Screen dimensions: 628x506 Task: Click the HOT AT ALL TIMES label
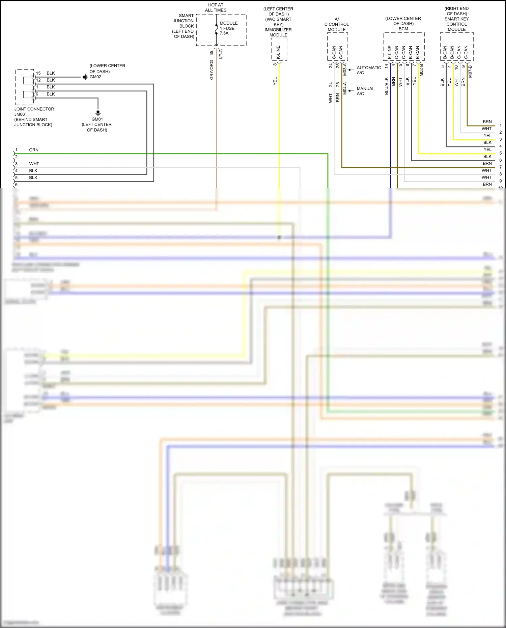216,7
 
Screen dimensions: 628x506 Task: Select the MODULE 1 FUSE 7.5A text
228,28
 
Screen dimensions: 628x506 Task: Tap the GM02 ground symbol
85,77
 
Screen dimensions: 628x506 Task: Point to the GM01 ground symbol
98,112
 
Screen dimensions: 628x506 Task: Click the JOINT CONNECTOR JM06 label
34,111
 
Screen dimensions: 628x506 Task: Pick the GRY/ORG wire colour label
212,70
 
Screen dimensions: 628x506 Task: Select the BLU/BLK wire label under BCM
387,86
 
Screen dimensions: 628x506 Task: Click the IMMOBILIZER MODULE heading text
278,32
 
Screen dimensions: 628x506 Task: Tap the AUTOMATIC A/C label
368,70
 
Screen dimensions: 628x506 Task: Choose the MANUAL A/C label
365,91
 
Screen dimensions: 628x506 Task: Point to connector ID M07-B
470,71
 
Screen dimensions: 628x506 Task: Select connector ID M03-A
345,69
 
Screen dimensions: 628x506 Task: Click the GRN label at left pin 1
34,150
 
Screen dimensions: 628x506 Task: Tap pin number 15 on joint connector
38,73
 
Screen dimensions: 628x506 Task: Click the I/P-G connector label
221,54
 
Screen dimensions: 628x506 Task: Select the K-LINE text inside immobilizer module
278,52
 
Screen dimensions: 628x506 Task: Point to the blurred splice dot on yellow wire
279,238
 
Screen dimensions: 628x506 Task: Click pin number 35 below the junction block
212,53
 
